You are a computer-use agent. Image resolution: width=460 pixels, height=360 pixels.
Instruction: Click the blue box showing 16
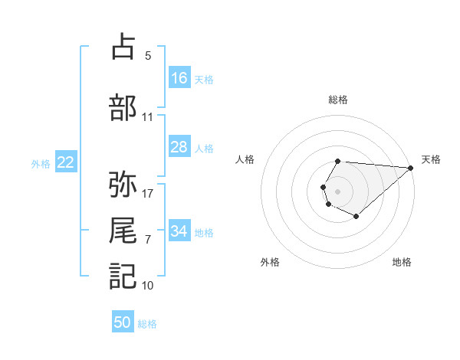tap(179, 78)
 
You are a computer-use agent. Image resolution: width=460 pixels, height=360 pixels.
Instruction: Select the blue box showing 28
tap(179, 147)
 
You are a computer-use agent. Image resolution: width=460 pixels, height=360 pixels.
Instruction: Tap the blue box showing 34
tap(179, 231)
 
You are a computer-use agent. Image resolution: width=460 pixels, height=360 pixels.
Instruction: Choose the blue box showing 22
tap(65, 162)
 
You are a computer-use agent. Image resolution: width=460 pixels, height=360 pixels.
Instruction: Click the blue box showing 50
tap(123, 322)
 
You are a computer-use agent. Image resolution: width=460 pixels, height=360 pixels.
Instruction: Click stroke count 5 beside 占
tap(148, 56)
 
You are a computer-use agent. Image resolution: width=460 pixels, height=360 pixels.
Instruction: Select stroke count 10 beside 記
tap(148, 286)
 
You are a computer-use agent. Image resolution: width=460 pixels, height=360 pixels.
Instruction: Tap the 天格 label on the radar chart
tap(431, 159)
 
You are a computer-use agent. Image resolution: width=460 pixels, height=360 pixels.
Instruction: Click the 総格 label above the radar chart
tap(338, 100)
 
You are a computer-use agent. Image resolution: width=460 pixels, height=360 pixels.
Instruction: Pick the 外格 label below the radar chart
tap(270, 262)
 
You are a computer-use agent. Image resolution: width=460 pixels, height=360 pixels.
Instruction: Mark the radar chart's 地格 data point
tap(356, 217)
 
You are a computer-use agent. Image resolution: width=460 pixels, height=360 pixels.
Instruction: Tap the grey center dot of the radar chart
tap(337, 190)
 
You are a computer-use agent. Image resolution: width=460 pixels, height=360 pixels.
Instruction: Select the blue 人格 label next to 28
tap(204, 148)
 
